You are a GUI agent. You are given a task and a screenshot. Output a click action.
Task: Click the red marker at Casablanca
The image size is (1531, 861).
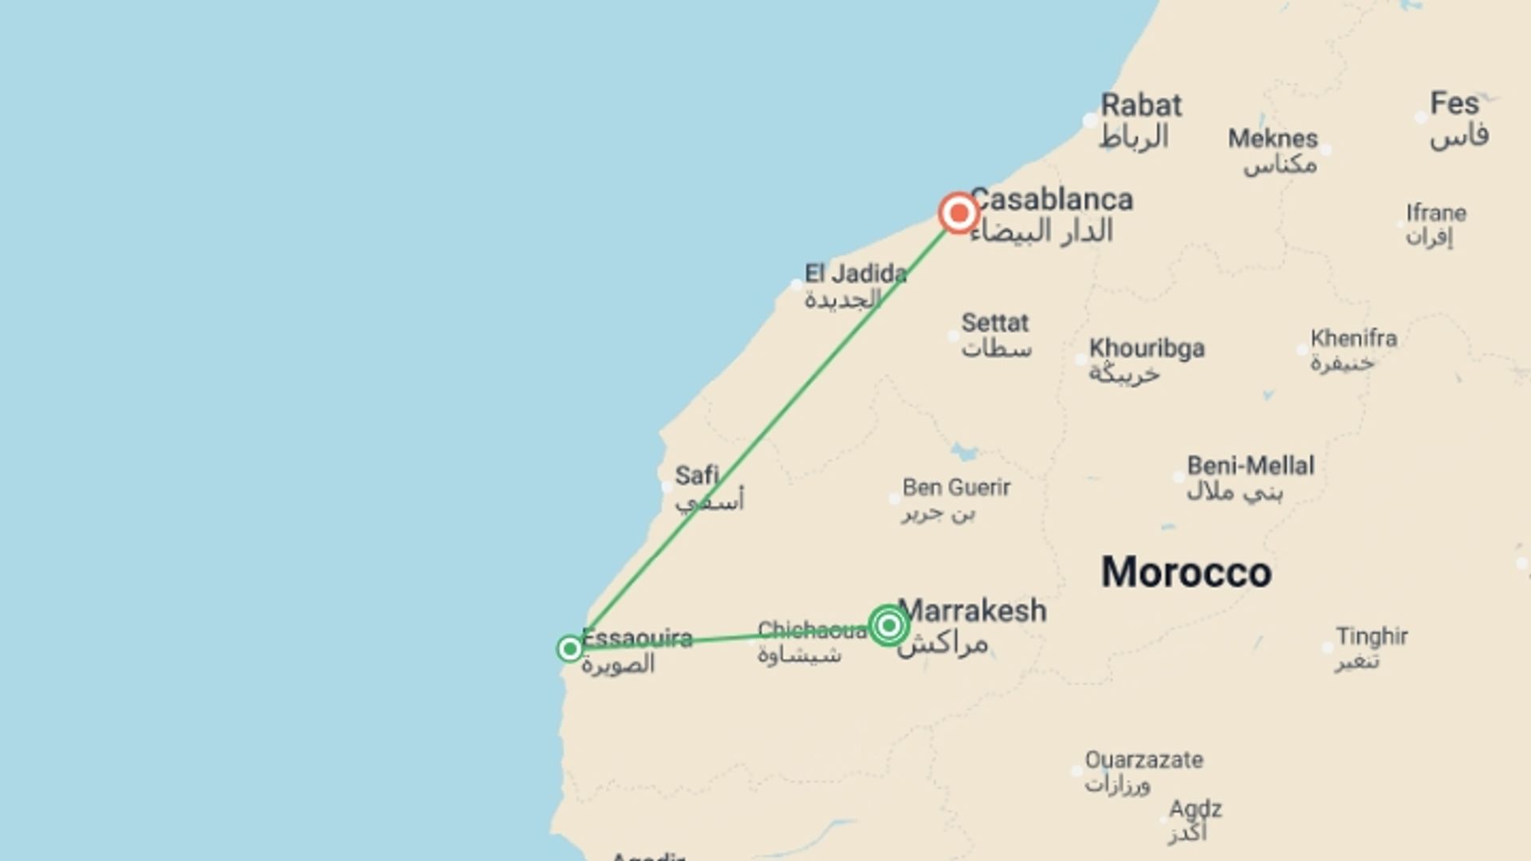coord(958,213)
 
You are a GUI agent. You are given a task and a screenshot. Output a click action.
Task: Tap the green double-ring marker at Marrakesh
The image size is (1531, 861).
coord(888,625)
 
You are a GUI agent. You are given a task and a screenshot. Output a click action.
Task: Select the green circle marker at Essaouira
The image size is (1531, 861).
coord(569,649)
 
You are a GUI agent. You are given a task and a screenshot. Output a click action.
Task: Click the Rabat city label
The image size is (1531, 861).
coord(1141,105)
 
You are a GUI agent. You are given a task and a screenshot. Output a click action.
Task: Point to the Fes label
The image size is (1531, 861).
coord(1454,104)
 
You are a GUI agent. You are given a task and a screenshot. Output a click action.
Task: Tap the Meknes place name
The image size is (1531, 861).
coord(1273,139)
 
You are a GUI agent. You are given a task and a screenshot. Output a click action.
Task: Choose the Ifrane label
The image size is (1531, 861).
coord(1436,213)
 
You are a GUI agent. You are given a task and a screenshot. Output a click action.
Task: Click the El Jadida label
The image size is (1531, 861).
coord(855,274)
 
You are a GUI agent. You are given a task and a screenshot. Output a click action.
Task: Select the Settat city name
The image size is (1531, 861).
coord(994,323)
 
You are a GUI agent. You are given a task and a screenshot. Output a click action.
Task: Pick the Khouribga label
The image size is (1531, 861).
coord(1147,348)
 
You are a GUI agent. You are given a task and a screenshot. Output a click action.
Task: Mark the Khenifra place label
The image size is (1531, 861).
coord(1353,338)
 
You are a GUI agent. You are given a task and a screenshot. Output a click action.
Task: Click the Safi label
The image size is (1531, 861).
coord(697,476)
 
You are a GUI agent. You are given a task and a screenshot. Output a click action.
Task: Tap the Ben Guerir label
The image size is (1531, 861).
coord(956,487)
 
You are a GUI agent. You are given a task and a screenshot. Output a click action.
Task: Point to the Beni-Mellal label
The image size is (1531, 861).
coord(1250,466)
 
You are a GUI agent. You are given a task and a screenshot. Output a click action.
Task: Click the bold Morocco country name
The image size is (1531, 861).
coord(1186,572)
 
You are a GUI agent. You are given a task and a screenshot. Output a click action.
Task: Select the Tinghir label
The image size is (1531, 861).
coord(1372,636)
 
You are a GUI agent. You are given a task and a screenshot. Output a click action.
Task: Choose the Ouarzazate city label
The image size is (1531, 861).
coord(1143,760)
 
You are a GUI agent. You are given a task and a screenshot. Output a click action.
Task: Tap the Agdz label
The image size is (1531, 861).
coord(1194,809)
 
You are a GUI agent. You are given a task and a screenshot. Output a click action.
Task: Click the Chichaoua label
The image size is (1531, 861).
coord(812,631)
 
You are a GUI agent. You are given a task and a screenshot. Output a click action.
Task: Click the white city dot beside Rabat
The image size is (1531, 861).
coord(1090,120)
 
